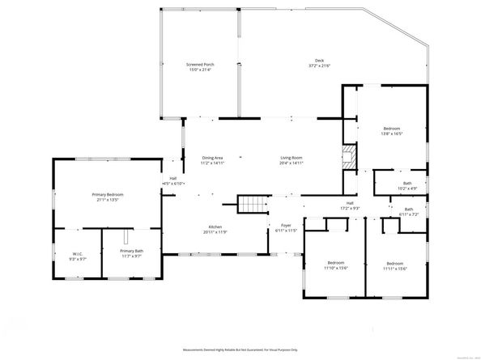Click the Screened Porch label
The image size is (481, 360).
coord(200,63)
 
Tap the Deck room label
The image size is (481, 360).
coord(320,60)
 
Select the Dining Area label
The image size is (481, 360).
coord(212,158)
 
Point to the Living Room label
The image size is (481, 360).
coord(292,158)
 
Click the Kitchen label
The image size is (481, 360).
coord(215,227)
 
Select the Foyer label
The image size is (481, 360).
coord(286,227)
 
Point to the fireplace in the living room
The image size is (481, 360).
coord(347,157)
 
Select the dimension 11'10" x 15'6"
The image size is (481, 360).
coord(336,269)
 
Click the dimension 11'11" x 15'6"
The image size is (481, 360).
coord(395,269)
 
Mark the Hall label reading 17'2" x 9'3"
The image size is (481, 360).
coord(350,208)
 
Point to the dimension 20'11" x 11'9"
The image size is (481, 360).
coord(215,232)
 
